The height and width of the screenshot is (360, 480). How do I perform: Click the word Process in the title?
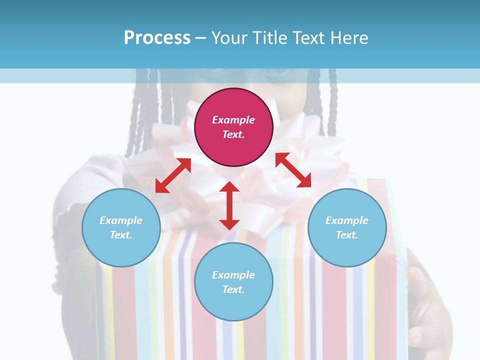tap(157, 38)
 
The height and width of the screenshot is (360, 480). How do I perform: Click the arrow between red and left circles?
tap(173, 175)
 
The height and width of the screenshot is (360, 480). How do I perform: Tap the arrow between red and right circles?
tap(293, 170)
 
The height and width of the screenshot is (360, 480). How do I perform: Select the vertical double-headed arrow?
tap(229, 205)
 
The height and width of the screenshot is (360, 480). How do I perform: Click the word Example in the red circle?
tap(233, 120)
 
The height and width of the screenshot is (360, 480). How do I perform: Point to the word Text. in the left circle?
tap(121, 235)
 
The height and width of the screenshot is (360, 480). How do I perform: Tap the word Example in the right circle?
tap(347, 220)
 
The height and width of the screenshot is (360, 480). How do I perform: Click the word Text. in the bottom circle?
tap(233, 289)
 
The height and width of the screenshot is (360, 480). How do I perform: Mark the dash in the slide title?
tap(200, 38)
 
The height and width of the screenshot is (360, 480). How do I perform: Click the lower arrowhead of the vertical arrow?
tap(229, 223)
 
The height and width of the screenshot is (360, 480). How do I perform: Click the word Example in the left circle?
tap(121, 220)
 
